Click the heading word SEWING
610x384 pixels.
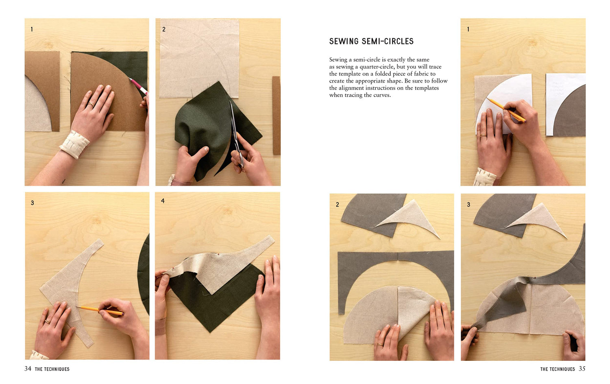tap(344, 41)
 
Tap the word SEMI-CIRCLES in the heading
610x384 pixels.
tap(388, 41)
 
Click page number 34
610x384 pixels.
tap(28, 369)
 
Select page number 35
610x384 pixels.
tap(582, 369)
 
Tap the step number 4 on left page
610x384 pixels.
tap(163, 201)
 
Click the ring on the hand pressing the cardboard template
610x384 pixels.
tap(91, 104)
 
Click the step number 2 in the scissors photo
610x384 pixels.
tap(163, 29)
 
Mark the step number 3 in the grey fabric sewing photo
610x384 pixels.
tap(468, 205)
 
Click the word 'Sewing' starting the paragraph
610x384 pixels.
tap(338, 60)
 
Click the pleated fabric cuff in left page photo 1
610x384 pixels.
tap(74, 144)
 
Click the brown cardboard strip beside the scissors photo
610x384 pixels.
tap(276, 116)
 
